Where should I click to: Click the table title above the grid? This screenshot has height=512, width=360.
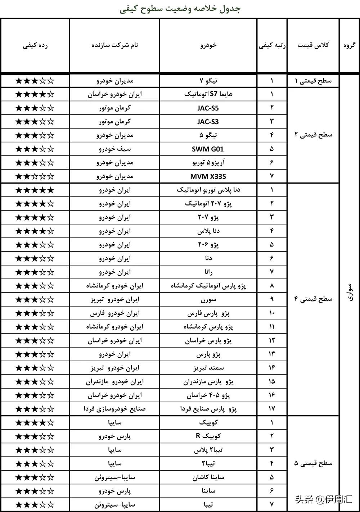180,9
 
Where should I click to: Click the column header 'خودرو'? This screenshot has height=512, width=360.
208,45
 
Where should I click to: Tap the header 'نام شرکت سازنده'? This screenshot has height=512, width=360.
114,45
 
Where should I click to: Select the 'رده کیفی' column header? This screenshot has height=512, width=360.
35,45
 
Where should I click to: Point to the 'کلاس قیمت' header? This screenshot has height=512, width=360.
313,45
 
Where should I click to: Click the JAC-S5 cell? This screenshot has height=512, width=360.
208,108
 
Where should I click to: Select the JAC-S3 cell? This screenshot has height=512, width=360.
208,122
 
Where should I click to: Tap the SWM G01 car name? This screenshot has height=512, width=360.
208,149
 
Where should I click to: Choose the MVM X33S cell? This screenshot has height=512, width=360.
208,176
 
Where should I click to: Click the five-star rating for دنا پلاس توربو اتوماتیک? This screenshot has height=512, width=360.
35,190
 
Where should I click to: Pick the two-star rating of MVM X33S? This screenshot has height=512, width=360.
35,176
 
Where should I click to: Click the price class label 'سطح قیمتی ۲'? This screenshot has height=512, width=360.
313,135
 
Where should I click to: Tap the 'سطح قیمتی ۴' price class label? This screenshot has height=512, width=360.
313,299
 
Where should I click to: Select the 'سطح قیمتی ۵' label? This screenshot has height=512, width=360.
313,463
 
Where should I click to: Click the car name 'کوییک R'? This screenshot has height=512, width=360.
208,436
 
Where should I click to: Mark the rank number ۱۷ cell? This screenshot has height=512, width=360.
272,409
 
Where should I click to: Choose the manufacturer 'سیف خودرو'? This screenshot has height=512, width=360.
114,149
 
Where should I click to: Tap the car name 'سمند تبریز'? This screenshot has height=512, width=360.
208,368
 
